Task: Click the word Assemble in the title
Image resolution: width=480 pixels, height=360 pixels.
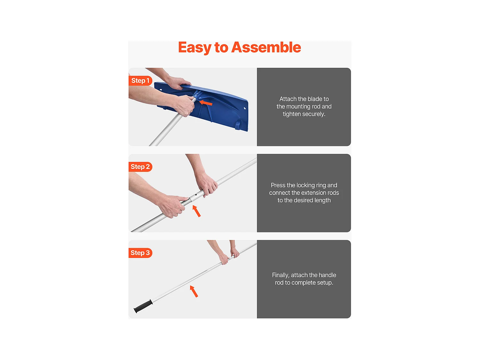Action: point(266,47)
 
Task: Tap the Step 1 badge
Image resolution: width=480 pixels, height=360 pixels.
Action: point(140,81)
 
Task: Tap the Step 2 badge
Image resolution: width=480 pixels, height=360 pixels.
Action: point(140,167)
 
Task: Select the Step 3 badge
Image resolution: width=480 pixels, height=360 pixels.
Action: point(140,253)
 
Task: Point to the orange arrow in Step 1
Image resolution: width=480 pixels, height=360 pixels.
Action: point(206,103)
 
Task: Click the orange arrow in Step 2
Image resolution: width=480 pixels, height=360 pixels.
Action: point(196,211)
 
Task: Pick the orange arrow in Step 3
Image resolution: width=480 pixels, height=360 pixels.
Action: point(194,291)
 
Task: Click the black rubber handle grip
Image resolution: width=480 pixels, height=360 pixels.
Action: point(143,306)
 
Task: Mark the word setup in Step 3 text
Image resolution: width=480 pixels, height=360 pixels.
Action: point(325,283)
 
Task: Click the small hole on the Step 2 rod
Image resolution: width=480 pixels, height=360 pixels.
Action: point(196,195)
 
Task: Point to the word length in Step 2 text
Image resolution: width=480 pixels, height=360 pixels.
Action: point(322,200)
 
